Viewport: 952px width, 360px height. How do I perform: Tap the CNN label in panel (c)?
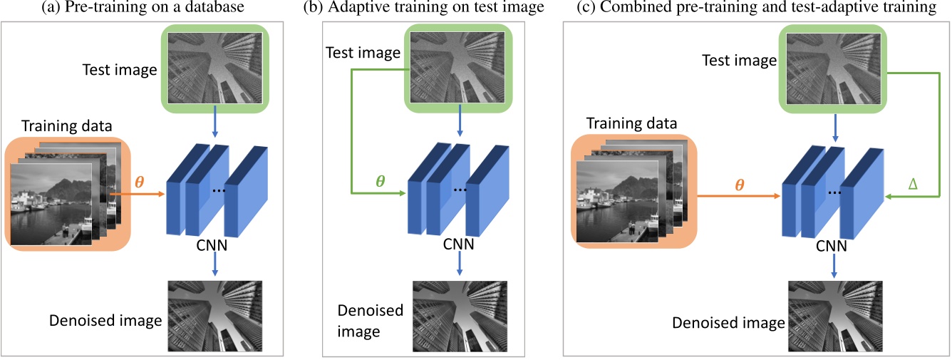tap(832, 247)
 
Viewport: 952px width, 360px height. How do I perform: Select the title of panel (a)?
tap(142, 9)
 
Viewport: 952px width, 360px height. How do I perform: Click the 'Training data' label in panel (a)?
tap(67, 127)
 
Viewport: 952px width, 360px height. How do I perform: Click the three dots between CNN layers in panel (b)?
tap(460, 190)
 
